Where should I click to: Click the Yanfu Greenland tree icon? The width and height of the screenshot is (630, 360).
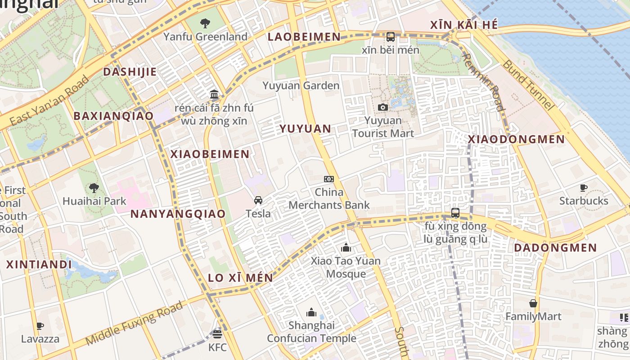(x=205, y=23)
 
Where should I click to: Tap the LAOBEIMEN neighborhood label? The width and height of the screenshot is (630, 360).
(x=304, y=37)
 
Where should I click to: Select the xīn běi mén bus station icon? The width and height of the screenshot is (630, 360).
(x=391, y=37)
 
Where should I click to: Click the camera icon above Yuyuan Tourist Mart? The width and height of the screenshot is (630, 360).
(x=383, y=107)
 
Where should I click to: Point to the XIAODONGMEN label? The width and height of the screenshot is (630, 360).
(x=516, y=139)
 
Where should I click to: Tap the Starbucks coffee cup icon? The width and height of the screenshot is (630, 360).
(x=584, y=188)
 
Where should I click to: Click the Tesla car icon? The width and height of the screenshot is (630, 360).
(x=258, y=200)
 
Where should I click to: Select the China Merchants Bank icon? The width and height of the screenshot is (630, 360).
(x=329, y=179)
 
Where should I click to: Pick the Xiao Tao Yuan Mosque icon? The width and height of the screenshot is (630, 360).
(x=346, y=247)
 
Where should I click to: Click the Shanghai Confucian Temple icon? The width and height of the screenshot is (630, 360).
(x=311, y=312)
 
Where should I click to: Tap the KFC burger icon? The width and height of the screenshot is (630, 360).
(x=217, y=334)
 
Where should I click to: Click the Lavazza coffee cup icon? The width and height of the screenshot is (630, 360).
(x=40, y=326)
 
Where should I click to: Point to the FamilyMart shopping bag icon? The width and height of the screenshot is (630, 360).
(x=533, y=304)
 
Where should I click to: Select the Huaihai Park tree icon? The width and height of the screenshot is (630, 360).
(x=94, y=188)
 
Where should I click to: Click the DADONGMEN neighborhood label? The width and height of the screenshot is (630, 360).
(x=555, y=248)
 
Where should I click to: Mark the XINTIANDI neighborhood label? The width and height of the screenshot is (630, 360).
(x=39, y=264)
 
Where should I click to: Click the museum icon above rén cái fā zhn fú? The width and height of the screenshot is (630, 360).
(x=214, y=95)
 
